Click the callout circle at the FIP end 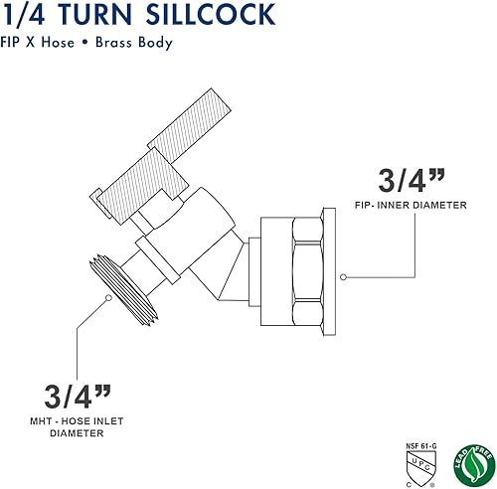(x=341, y=277)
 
